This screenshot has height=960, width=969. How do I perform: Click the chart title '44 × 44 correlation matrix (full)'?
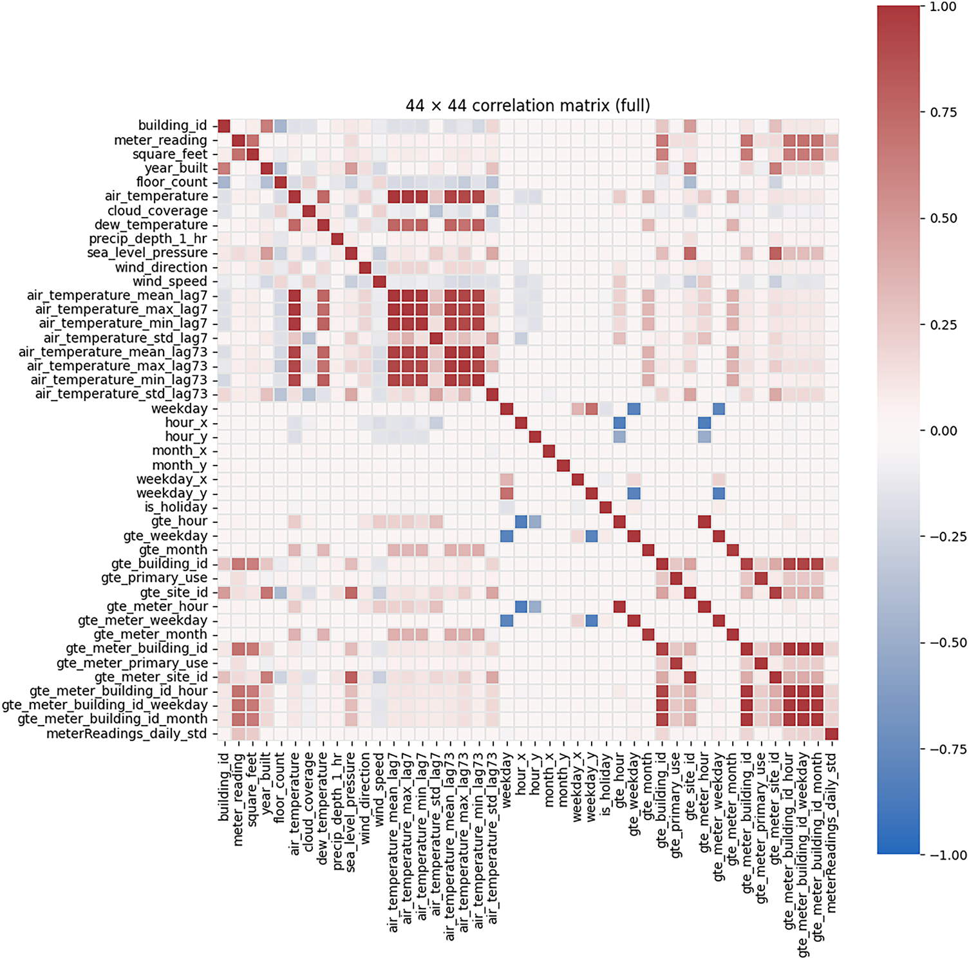[x=527, y=106]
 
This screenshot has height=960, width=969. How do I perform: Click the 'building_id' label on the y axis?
[x=173, y=126]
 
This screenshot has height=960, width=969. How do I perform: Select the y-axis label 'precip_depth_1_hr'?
[x=148, y=239]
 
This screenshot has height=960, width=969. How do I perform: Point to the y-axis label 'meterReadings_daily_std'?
[x=127, y=734]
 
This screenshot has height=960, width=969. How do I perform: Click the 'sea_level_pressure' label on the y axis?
[x=147, y=253]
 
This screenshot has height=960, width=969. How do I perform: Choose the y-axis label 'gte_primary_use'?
[x=155, y=578]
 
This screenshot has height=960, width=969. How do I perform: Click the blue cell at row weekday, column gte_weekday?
[x=634, y=408]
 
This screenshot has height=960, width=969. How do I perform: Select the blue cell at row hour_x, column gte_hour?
[x=619, y=422]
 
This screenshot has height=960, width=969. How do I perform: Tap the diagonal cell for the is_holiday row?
[x=606, y=507]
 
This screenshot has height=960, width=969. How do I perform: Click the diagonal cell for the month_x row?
[x=549, y=451]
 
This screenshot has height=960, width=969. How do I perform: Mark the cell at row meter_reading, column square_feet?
[x=252, y=140]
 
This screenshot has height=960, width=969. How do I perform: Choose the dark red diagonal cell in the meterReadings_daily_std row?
[x=832, y=734]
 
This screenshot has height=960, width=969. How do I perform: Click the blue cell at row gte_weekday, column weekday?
[x=507, y=536]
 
